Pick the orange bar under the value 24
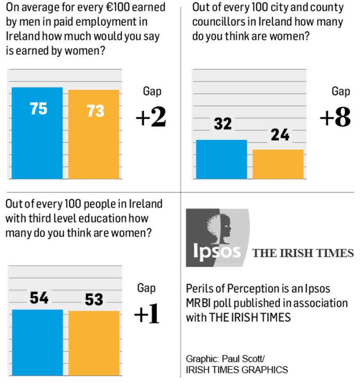tap(278, 164)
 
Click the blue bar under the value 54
tap(37, 342)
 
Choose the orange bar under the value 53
tap(94, 342)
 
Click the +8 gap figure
tap(335, 117)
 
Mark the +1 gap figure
tap(147, 315)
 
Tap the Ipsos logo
tap(217, 238)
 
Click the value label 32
tap(222, 124)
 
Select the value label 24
tap(279, 134)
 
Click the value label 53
tap(94, 299)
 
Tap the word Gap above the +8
tap(341, 91)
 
